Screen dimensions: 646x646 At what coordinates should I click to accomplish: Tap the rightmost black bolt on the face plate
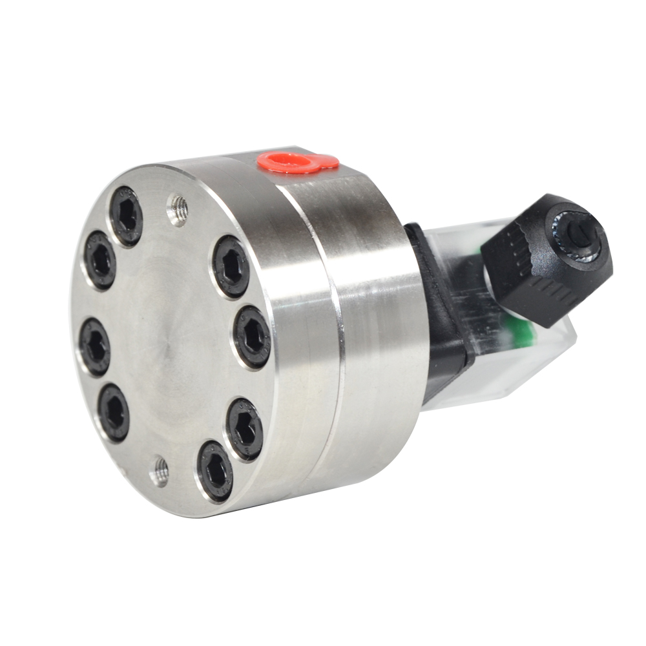tap(252, 336)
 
